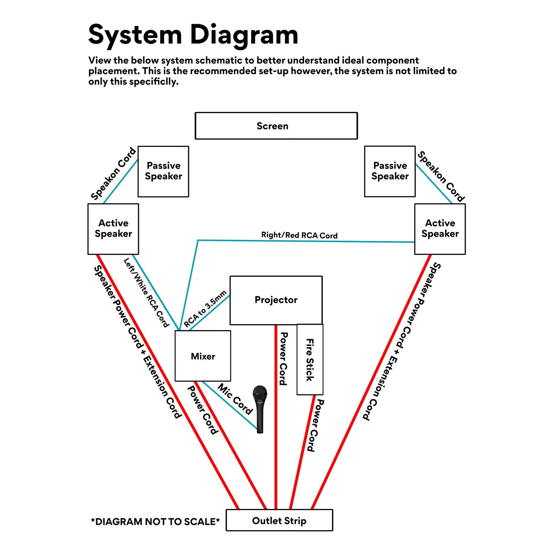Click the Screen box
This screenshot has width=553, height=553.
pos(276,126)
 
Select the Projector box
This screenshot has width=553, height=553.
pos(276,300)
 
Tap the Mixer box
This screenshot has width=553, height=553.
pos(203,356)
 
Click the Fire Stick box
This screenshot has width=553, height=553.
pos(310,360)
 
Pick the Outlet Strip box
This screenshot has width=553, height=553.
pos(279,520)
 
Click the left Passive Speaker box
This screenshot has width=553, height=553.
pos(163,171)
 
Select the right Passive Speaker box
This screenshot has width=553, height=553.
pos(390,171)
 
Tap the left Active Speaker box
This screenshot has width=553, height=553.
pos(113,229)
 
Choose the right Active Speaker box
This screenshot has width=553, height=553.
pos(440,229)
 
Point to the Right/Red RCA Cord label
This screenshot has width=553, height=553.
pos(300,235)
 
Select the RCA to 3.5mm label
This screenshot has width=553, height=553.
pos(205,309)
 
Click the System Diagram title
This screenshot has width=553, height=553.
pos(193,35)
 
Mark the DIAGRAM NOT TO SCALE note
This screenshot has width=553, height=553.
pos(155,521)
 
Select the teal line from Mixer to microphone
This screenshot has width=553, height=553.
pos(229,405)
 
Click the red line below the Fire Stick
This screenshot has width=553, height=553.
pos(303,452)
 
